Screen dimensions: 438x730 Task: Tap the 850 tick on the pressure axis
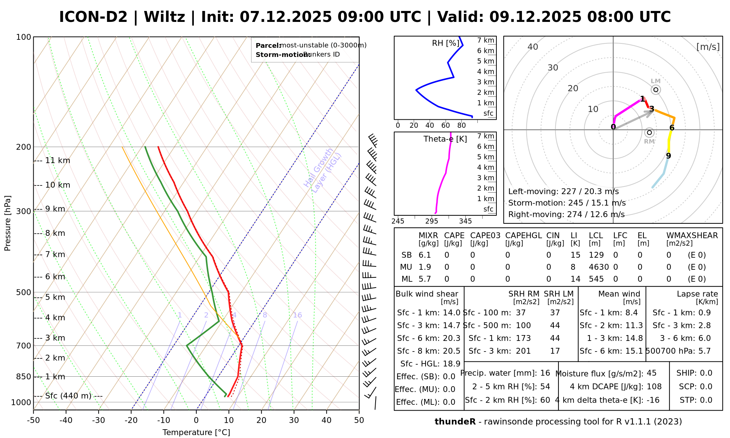(23, 376)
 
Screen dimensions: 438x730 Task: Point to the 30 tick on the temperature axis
(294, 420)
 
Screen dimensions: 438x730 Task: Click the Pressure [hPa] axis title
(8, 223)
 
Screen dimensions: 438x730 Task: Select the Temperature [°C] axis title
(196, 433)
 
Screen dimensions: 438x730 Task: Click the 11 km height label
(57, 161)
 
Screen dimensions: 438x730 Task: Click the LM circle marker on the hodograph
(656, 90)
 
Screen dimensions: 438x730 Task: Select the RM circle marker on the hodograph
(649, 132)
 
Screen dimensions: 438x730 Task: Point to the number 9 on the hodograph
(668, 156)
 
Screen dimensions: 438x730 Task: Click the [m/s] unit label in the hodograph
(708, 47)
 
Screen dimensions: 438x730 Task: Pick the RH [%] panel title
(446, 43)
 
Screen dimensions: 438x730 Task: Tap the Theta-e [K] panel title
(445, 139)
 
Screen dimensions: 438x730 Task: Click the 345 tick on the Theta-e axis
(465, 221)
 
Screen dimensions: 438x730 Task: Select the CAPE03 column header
(485, 235)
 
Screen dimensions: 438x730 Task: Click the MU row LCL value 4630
(599, 267)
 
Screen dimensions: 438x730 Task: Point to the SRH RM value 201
(523, 351)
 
